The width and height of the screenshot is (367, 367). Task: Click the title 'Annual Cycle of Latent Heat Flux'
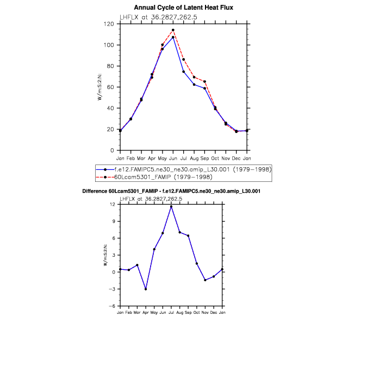click(x=183, y=8)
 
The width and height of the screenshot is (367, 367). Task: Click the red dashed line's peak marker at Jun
click(x=173, y=30)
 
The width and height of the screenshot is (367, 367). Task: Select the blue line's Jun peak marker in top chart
click(x=173, y=37)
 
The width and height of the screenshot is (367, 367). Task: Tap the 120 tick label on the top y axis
click(x=109, y=24)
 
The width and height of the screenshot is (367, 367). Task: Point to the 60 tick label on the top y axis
click(x=110, y=87)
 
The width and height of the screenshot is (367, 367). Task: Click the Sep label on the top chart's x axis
click(x=204, y=158)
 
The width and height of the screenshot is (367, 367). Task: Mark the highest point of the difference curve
click(x=171, y=206)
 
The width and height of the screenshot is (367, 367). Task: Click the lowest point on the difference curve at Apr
click(x=146, y=289)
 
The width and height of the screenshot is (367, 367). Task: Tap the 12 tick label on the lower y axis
click(x=112, y=204)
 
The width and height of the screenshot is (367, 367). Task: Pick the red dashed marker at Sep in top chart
click(x=204, y=81)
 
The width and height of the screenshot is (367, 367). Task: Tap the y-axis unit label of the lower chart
click(x=105, y=255)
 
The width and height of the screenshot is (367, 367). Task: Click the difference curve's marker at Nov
click(x=205, y=280)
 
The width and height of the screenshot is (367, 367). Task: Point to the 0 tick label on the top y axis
click(x=111, y=150)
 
